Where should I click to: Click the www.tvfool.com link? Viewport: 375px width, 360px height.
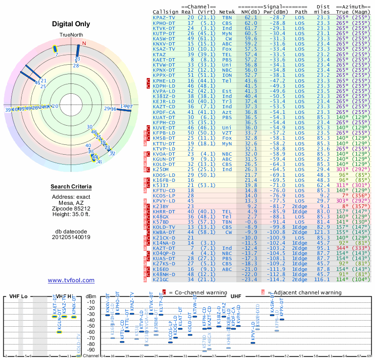tap(71, 280)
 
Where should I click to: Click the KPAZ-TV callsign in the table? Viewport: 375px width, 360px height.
tap(164, 17)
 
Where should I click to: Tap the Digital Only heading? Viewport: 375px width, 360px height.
tap(71, 24)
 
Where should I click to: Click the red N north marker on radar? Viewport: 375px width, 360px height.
tap(84, 44)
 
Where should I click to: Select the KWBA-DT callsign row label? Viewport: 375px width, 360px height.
tap(164, 232)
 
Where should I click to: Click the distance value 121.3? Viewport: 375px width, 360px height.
tap(322, 232)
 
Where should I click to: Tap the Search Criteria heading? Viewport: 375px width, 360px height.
tap(71, 187)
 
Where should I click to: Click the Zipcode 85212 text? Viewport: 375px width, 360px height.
tap(71, 209)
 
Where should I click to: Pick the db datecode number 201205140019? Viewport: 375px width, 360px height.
tap(71, 237)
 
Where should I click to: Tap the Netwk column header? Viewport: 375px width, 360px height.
tap(227, 12)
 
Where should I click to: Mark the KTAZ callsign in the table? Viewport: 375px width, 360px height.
tap(159, 55)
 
